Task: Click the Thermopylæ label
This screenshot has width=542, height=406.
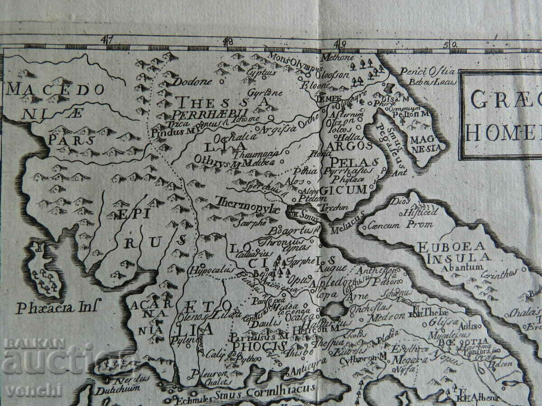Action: [x=248, y=202]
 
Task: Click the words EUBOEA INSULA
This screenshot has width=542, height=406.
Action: [x=451, y=252]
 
